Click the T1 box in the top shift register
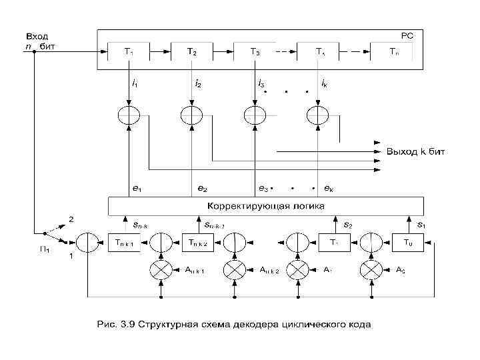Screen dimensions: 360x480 (x=129, y=51)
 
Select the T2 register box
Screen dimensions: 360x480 (x=191, y=51)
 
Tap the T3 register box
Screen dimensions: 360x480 (x=255, y=51)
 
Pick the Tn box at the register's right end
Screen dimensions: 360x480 (x=395, y=51)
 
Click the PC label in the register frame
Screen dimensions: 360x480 (x=406, y=35)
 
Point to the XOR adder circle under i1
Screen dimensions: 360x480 (x=129, y=115)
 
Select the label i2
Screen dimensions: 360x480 (x=197, y=85)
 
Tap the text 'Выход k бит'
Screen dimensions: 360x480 (x=415, y=152)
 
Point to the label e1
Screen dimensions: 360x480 (x=136, y=189)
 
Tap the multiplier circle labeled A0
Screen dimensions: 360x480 (x=370, y=269)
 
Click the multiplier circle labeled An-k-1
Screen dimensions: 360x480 (x=160, y=269)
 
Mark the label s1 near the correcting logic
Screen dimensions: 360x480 (x=421, y=225)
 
